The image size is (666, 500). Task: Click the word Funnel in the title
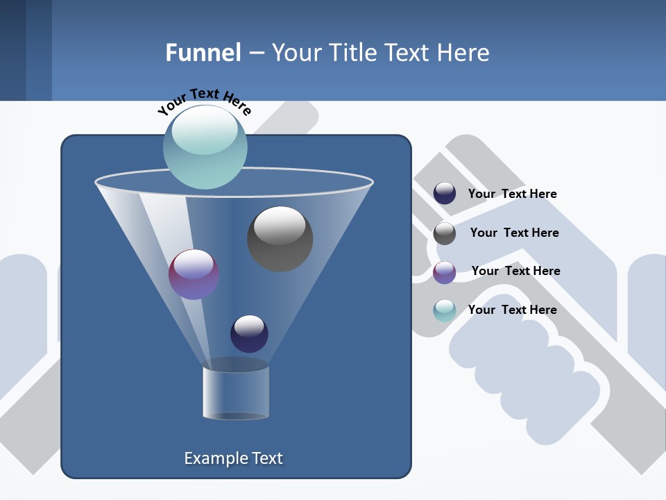203,53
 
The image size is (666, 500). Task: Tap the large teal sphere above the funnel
205,147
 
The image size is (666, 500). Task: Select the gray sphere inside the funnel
280,239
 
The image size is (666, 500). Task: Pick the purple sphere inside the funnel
194,274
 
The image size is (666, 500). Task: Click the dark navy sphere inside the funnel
249,333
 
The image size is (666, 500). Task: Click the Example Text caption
233,458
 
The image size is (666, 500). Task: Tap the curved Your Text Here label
204,101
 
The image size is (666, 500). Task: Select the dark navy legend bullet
445,194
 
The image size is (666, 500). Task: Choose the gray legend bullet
445,233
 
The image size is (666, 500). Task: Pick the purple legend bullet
445,272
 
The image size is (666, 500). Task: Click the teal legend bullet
445,310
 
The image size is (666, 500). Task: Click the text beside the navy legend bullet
512,194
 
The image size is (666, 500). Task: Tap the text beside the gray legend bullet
514,233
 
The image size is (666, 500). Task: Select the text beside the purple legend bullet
515,272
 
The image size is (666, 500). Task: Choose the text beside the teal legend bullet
512,310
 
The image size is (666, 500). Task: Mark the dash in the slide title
256,53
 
